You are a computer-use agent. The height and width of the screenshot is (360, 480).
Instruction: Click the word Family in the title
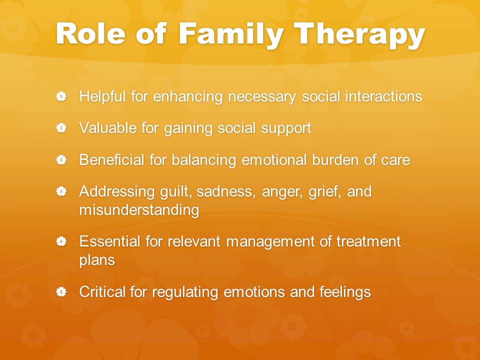(x=231, y=34)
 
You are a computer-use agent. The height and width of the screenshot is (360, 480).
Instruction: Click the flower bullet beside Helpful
(x=61, y=96)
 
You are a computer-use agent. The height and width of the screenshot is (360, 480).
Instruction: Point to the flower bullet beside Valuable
(x=61, y=128)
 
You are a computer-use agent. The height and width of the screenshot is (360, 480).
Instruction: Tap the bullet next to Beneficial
(x=61, y=160)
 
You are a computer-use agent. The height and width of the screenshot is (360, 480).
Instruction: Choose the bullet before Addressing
(x=61, y=191)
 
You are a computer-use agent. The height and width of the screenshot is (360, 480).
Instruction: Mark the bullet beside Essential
(x=61, y=241)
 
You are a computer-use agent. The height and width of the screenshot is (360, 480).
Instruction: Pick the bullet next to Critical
(x=61, y=291)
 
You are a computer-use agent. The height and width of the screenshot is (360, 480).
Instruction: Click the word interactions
(x=384, y=96)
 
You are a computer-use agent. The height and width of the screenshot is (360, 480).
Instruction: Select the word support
(x=286, y=128)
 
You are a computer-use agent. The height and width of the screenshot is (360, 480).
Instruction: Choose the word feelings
(x=345, y=292)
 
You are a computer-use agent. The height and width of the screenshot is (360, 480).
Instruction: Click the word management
(x=270, y=242)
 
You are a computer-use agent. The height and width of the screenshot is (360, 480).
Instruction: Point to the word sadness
(x=226, y=192)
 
